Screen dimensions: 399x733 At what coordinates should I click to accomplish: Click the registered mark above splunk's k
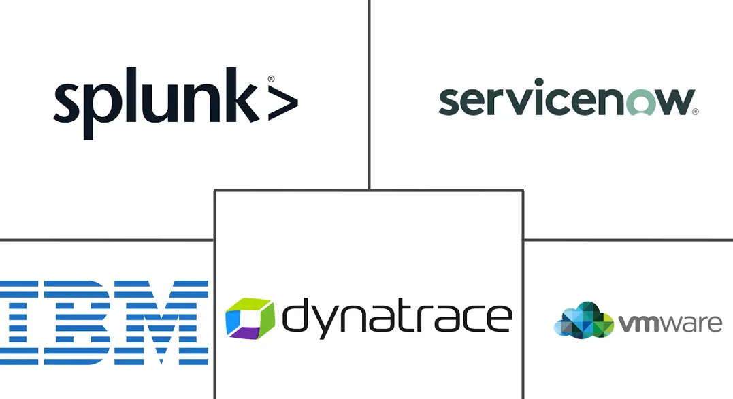coord(271,80)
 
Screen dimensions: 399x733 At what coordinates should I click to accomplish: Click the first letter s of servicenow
coord(449,101)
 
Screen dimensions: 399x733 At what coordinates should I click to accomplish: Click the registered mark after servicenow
coord(695,112)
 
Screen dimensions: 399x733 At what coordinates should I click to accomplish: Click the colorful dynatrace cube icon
coord(250,317)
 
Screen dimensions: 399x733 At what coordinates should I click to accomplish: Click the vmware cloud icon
coord(583,319)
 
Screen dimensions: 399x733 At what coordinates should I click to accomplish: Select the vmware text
coord(670,323)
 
